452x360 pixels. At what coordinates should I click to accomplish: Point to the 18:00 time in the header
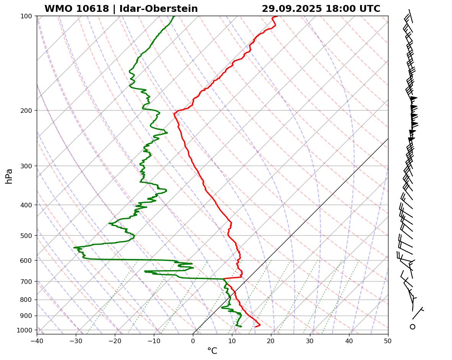click(338, 9)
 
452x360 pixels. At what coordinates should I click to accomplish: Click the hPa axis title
click(9, 176)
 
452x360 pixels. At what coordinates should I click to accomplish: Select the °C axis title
click(212, 351)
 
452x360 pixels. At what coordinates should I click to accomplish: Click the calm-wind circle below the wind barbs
click(413, 327)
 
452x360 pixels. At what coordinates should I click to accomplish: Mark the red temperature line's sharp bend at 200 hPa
click(175, 113)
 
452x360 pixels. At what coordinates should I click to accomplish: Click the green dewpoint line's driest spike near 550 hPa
click(74, 248)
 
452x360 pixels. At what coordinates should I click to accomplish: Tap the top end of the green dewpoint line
click(174, 16)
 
